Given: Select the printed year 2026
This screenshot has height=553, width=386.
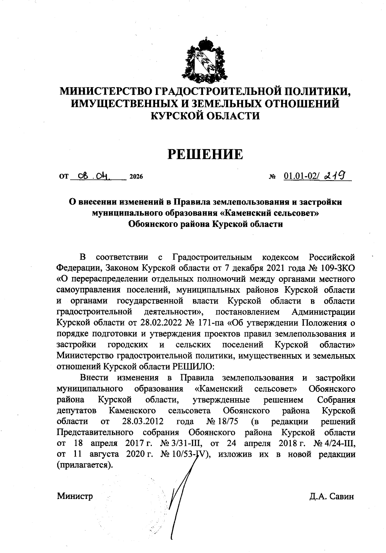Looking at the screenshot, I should pos(135,177).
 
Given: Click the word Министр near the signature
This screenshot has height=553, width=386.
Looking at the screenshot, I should pos(75,496).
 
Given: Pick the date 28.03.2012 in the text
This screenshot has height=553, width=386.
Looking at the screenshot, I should pos(143,421).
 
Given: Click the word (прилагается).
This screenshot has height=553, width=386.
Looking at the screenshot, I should pos(85,465).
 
